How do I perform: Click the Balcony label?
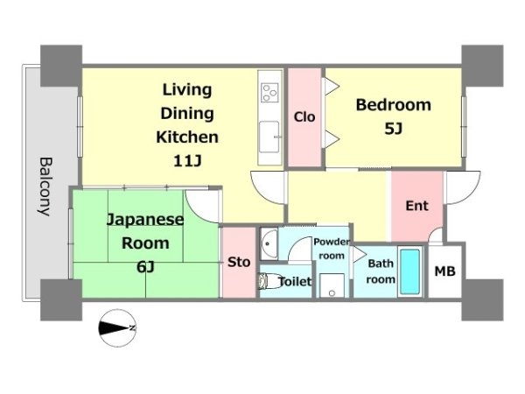coord(45,186)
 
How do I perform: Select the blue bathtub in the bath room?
coord(410,271)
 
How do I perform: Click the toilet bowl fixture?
coord(268,281)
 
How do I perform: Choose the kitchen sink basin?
coord(269,137)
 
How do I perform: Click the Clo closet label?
coord(304,117)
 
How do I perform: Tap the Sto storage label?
coord(239,262)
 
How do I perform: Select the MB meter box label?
coord(444,271)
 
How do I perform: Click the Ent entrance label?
coord(416,206)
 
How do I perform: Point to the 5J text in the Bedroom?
coord(394,129)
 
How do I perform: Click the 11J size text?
coord(187,161)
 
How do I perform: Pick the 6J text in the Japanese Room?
coord(145,267)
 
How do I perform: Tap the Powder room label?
coord(332,249)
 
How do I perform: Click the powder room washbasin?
coord(269,243)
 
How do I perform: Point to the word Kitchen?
coord(187,137)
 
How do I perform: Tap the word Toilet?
coord(295,281)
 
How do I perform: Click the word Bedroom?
coord(394,105)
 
